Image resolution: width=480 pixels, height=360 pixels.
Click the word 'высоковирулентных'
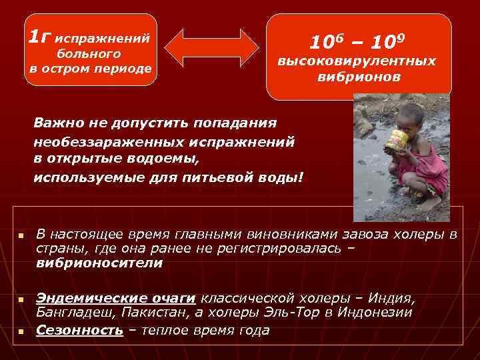click(357, 61)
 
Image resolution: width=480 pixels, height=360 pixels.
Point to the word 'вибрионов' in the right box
click(359, 77)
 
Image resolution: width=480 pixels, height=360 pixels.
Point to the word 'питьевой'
click(215, 178)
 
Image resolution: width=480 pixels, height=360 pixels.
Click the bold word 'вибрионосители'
click(99, 263)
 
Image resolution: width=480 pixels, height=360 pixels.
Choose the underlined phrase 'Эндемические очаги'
click(116, 298)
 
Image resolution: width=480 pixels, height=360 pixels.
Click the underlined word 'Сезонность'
click(79, 330)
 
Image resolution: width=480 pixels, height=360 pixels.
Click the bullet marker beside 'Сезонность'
click(21, 331)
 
